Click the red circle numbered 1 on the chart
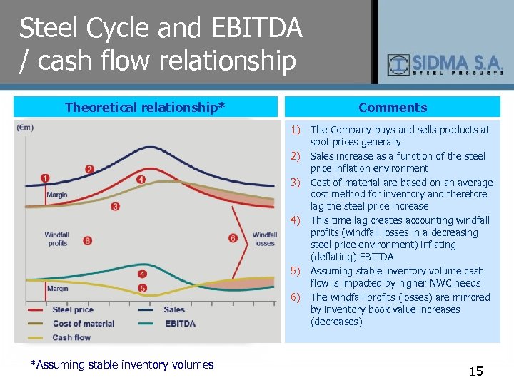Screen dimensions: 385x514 point(46,178)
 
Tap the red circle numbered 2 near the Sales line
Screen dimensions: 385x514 point(89,169)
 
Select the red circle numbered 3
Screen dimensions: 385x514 point(115,206)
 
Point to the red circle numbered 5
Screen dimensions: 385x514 point(142,288)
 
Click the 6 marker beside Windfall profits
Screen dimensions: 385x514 point(87,240)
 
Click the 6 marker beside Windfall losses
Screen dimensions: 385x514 point(233,238)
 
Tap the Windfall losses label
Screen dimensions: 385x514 point(264,239)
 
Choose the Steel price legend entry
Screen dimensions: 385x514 point(72,309)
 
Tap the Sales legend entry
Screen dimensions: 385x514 point(173,309)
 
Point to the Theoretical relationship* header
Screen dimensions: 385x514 point(145,108)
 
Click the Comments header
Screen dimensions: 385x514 point(393,108)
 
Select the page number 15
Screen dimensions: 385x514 point(475,371)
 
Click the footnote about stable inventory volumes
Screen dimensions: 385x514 point(121,365)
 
